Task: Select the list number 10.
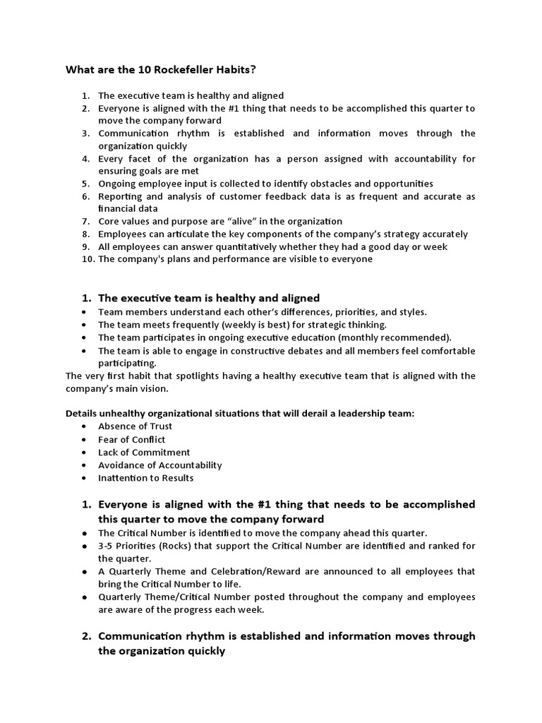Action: point(88,259)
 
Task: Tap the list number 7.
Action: point(85,221)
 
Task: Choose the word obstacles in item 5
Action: point(323,184)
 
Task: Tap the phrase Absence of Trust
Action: point(135,426)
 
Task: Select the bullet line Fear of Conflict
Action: point(131,439)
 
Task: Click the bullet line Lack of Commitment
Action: point(144,452)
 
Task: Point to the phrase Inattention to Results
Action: point(145,478)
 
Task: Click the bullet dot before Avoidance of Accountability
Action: point(85,465)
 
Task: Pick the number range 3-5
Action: point(106,546)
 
